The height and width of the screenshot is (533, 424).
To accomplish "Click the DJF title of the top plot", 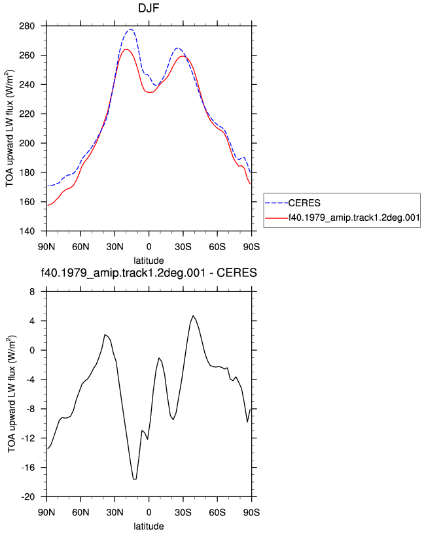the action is (x=149, y=8).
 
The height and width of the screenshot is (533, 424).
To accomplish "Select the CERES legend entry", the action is (x=304, y=203).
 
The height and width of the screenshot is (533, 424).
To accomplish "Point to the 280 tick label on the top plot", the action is (x=27, y=26).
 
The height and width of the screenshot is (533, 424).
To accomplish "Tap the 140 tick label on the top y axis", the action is (x=27, y=231).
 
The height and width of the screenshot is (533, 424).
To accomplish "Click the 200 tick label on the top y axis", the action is (x=27, y=144).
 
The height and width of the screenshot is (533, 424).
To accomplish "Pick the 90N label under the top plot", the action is (x=46, y=246).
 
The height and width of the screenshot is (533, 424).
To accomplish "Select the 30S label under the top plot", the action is (x=183, y=246).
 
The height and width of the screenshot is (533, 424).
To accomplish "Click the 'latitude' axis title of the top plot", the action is (x=149, y=261).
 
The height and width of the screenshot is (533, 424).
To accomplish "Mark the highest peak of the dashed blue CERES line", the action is (x=130, y=29).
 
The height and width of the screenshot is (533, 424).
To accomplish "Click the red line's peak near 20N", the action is (x=126, y=49).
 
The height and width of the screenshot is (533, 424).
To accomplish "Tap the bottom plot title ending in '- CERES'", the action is (x=149, y=273).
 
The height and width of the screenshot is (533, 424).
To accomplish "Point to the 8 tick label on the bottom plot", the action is (x=32, y=292).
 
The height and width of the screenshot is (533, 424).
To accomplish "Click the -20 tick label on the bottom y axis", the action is (x=28, y=497).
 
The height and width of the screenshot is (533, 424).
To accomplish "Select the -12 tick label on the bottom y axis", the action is (x=28, y=438).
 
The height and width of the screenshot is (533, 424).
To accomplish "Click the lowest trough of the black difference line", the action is (x=135, y=479).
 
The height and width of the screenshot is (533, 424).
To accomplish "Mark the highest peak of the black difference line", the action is (x=193, y=315).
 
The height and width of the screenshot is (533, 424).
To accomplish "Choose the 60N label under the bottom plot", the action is (x=80, y=512).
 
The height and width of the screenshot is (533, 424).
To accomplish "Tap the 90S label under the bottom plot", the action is (x=251, y=512).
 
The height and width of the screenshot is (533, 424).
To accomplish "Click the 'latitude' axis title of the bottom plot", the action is (x=149, y=526).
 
